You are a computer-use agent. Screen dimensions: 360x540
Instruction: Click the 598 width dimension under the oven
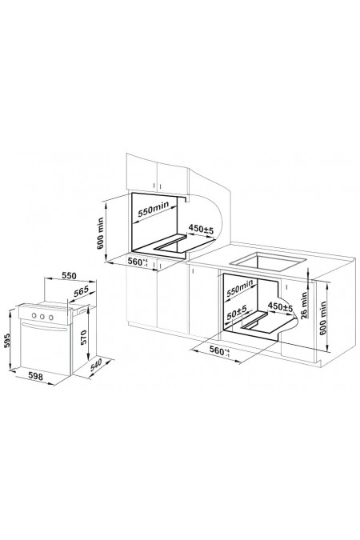point(35,377)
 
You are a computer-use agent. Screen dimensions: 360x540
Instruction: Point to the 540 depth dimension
point(97,365)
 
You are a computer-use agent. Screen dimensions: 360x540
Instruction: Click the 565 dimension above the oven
point(82,291)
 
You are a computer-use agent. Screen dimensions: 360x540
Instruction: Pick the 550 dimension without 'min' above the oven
point(69,276)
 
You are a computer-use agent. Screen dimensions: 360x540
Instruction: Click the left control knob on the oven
point(34,315)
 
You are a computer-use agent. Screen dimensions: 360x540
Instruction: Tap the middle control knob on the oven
point(42,316)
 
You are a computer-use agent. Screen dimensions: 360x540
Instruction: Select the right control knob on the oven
point(50,318)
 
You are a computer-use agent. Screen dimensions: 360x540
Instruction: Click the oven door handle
point(44,326)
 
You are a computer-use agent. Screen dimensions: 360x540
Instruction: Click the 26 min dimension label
point(303,306)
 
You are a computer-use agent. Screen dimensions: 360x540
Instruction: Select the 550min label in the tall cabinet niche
point(154,209)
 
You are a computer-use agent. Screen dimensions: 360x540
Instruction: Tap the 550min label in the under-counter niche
point(240,288)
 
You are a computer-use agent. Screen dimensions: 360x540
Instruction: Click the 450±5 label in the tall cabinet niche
point(201,229)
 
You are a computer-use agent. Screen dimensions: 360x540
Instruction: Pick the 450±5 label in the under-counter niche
point(280,306)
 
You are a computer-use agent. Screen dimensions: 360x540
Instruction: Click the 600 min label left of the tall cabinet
point(100,234)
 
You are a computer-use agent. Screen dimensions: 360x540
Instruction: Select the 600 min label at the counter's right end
point(322,318)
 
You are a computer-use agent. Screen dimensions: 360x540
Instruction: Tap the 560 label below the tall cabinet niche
point(138,262)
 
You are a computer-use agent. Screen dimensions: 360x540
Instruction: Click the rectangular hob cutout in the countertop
point(268,262)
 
